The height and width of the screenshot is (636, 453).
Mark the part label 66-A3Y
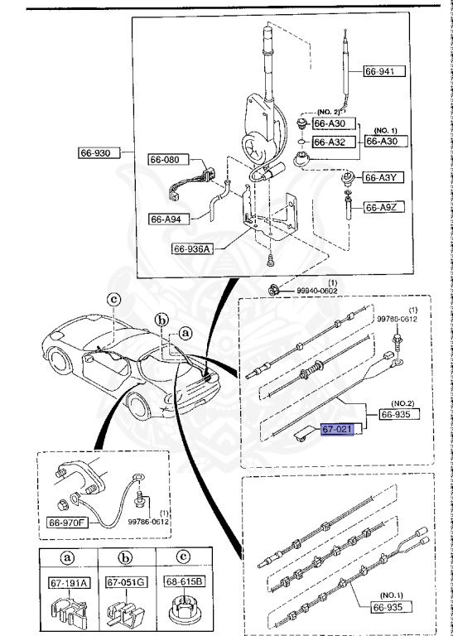click(384, 177)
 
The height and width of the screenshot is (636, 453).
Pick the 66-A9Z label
click(384, 206)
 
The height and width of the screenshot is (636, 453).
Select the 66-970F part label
click(70, 523)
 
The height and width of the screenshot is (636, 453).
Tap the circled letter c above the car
click(114, 300)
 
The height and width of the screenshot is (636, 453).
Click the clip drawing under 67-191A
click(69, 612)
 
